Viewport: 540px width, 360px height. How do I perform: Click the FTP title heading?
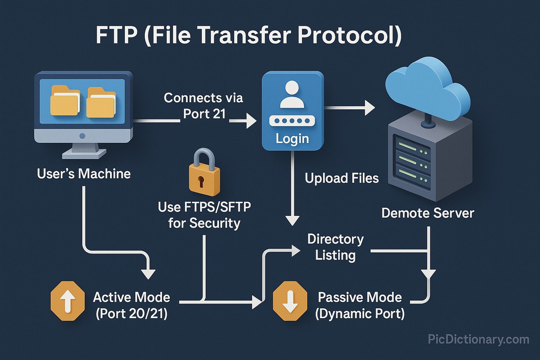[x=248, y=35]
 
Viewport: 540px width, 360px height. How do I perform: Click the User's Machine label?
[x=84, y=174]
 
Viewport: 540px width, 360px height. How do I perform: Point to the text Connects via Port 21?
[x=204, y=106]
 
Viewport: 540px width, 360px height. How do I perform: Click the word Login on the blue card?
[x=292, y=139]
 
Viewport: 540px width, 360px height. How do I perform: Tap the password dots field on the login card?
[x=292, y=120]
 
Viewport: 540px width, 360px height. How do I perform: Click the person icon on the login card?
[x=292, y=95]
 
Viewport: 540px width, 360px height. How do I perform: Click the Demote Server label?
[x=428, y=213]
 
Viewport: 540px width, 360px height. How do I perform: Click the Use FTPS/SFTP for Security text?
[x=205, y=215]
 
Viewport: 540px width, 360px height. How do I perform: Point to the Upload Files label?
[x=342, y=178]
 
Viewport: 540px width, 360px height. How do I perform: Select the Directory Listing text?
[x=335, y=247]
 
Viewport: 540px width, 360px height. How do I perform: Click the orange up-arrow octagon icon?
[x=67, y=301]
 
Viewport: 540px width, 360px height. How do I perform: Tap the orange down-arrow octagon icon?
[x=290, y=301]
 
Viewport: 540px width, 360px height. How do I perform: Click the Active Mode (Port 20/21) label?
[x=132, y=305]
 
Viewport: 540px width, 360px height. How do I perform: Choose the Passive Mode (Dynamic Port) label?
[x=360, y=305]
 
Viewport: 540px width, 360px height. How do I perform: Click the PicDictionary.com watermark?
[x=478, y=339]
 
